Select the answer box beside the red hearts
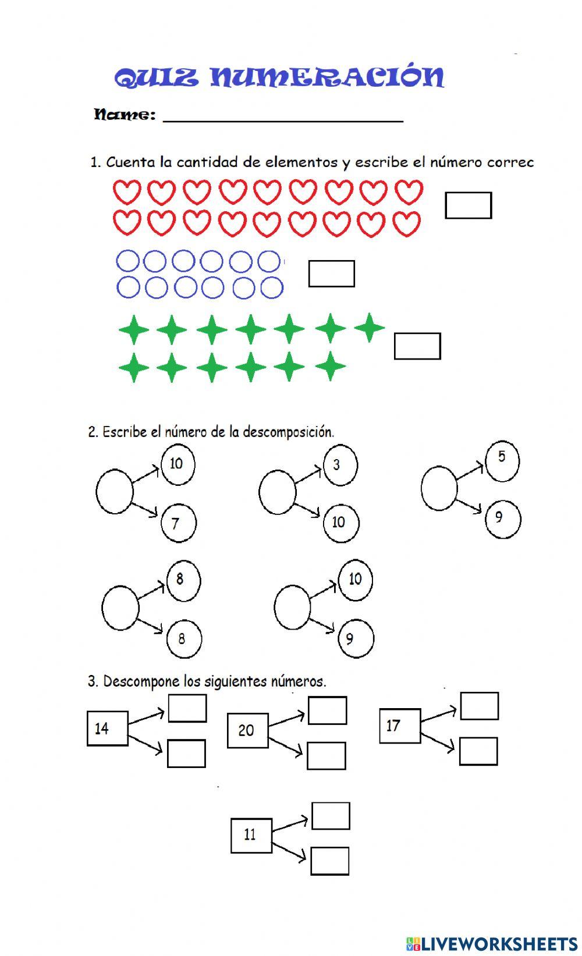point(468,205)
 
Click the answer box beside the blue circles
point(331,274)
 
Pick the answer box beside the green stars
point(417,346)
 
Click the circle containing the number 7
point(178,523)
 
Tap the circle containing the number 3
point(340,465)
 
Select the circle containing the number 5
point(502,461)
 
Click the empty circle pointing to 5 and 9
point(439,488)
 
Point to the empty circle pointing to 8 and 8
point(120,607)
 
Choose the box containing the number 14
point(107,728)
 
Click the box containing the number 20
point(247,730)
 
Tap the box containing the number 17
point(399,726)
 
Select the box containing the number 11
point(251,836)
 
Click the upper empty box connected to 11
point(331,816)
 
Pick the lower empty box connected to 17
point(478,751)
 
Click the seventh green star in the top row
point(369,327)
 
